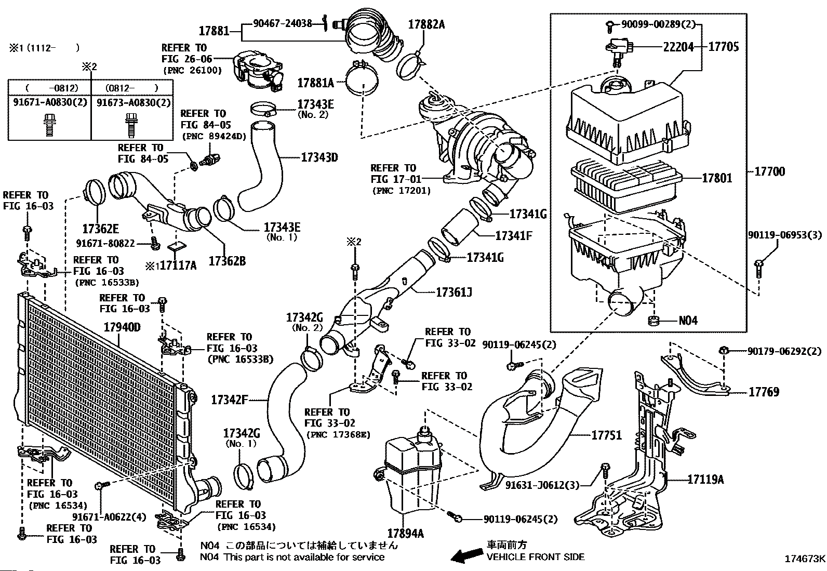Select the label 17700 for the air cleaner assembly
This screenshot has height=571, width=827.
pos(769,171)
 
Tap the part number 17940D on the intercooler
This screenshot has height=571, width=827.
pos(122,327)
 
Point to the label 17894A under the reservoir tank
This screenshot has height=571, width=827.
pos(405,533)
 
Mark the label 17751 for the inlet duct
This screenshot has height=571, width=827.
pos(607,435)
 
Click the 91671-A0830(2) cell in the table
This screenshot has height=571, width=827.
pos(49,103)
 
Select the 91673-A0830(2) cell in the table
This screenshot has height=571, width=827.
pos(134,103)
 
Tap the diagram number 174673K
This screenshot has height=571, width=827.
pos(805,559)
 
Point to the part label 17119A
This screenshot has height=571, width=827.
pos(705,479)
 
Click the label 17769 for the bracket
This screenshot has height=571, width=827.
pos(764,392)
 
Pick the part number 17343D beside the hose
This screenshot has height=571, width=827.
pos(319,157)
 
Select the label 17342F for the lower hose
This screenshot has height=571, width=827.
pos(230,400)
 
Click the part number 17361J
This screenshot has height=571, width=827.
pos(453,293)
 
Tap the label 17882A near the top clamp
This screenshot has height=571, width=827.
pos(426,24)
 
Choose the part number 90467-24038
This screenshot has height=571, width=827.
pos(283,23)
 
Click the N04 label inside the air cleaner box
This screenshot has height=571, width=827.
pos(688,321)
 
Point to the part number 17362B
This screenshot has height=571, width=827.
pos(227,261)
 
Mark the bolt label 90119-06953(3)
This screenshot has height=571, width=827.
pos(785,235)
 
